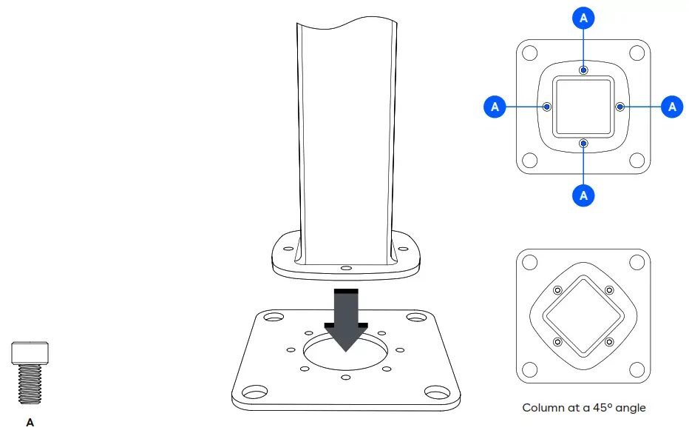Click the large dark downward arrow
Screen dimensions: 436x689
point(346,318)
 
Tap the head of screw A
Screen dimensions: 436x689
point(30,352)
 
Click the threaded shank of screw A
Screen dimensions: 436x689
point(30,383)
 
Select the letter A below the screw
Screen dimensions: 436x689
point(30,423)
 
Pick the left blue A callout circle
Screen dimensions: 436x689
point(495,107)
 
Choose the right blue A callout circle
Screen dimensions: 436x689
point(671,107)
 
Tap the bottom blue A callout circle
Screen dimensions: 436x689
point(584,195)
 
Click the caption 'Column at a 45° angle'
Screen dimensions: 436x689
point(583,408)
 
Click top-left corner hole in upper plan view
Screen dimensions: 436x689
point(529,53)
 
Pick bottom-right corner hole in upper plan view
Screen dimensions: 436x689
point(637,161)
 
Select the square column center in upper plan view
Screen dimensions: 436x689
point(584,107)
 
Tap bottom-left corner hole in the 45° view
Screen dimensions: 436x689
point(529,369)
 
